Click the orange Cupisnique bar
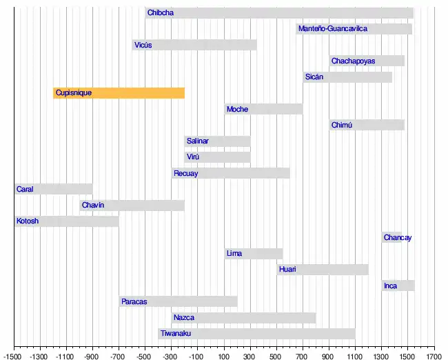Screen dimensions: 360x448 (x=119, y=93)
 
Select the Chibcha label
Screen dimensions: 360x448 (x=160, y=13)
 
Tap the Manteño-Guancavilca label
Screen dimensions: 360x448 (x=333, y=29)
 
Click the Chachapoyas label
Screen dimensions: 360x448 (x=353, y=61)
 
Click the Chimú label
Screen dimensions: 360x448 (x=341, y=126)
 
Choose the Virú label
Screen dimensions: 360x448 (x=194, y=157)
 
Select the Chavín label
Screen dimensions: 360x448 (x=92, y=206)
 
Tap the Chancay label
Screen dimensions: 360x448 (x=398, y=238)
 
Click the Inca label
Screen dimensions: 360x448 (x=391, y=286)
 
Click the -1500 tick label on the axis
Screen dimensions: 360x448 (x=14, y=356)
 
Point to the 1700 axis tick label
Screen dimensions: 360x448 (x=434, y=356)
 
